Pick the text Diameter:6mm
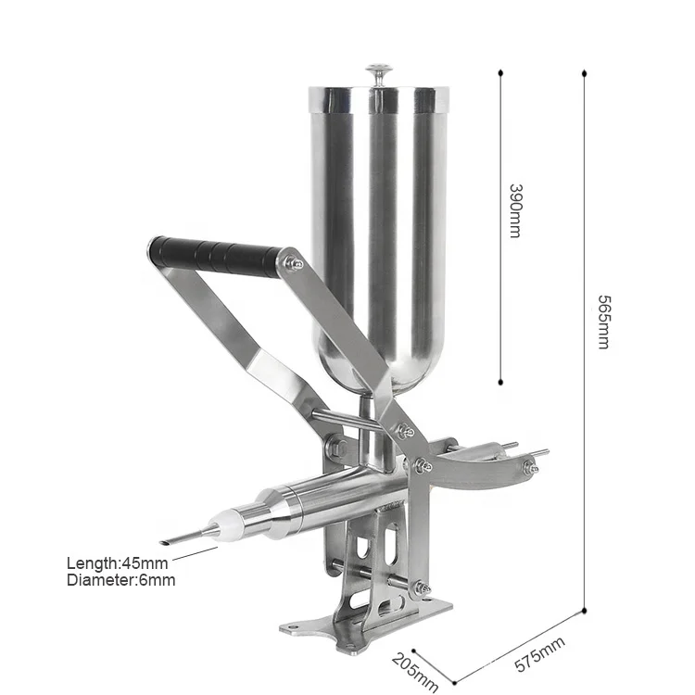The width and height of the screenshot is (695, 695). tap(120, 581)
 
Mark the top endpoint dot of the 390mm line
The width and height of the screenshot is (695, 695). tap(501, 70)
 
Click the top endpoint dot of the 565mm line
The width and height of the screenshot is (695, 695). tap(584, 70)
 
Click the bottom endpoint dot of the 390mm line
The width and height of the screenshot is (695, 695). tap(501, 381)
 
